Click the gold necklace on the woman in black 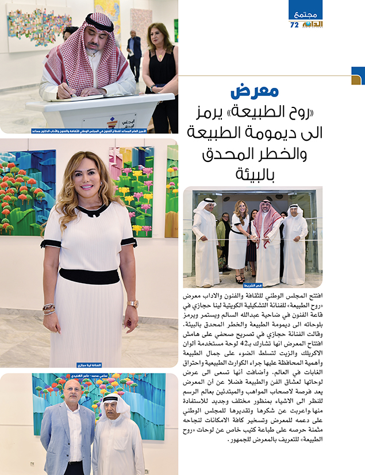coord(159,53)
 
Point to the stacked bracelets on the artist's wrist coord(49,309)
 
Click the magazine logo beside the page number coord(312,25)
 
